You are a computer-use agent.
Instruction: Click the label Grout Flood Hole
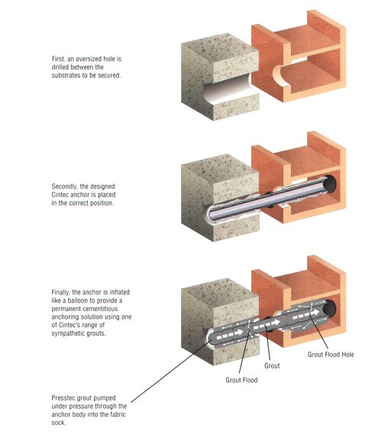click(331, 354)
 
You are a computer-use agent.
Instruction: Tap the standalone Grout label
click(272, 365)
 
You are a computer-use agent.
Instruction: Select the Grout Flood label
click(241, 380)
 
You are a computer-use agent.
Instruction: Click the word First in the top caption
click(59, 59)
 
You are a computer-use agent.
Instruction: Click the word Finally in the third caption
click(60, 292)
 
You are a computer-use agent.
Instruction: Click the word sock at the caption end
click(59, 423)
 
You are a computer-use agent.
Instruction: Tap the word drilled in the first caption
click(60, 67)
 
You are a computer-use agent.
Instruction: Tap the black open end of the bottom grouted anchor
click(329, 308)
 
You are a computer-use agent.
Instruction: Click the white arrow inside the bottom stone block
click(229, 333)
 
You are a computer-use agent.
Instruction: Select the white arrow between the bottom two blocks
click(267, 324)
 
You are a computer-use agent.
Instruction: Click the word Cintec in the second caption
click(60, 194)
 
